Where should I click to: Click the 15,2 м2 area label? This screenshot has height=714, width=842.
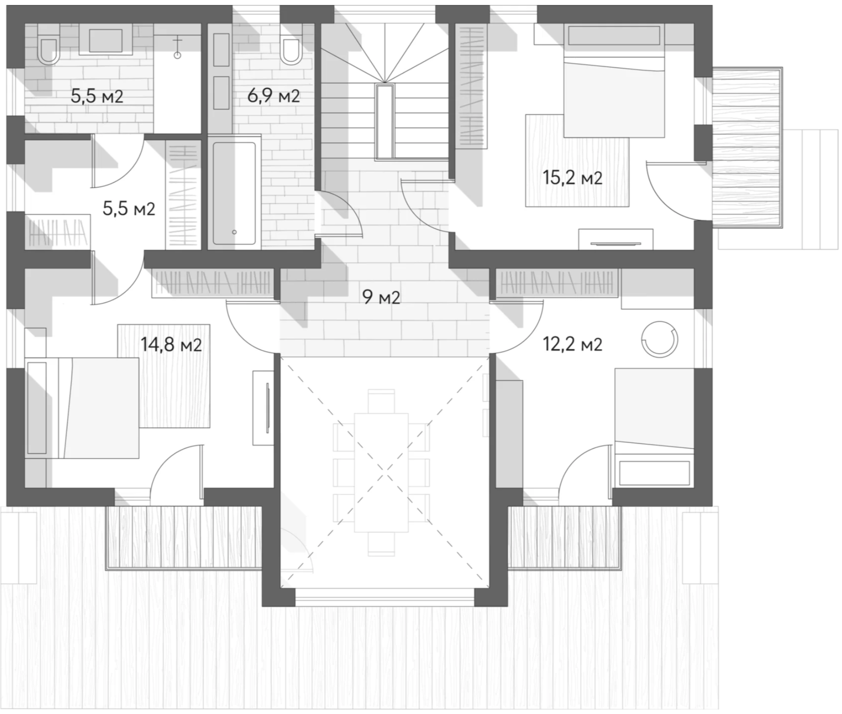tap(572, 178)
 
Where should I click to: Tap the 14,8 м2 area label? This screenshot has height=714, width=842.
tap(171, 345)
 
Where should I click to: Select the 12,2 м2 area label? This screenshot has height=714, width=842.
tap(572, 345)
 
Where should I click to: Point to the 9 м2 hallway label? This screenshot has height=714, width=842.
tap(381, 298)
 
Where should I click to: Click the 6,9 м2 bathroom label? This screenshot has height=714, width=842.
tap(274, 95)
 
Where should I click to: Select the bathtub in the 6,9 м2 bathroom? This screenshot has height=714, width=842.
tap(234, 192)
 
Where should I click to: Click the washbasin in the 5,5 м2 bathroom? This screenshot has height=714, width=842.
tap(105, 41)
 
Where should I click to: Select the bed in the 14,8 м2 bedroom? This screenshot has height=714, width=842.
tap(83, 408)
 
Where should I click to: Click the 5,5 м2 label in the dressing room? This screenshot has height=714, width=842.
tap(129, 208)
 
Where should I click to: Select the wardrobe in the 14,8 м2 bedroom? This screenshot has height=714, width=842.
tap(213, 284)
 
